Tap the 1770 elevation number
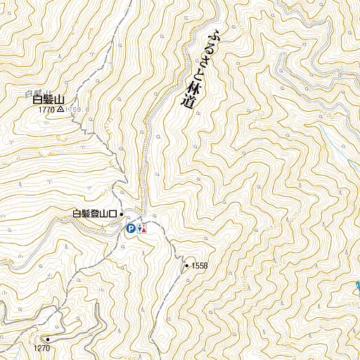click(47, 110)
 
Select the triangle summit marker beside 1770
click(61, 110)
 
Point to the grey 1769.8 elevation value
click(75, 110)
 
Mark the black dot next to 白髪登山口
click(122, 214)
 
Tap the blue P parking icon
click(130, 228)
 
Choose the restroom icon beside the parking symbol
click(141, 228)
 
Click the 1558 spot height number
click(200, 265)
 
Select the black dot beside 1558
click(186, 266)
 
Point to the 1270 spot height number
click(41, 348)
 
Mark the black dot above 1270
click(49, 339)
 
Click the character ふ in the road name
click(215, 34)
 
